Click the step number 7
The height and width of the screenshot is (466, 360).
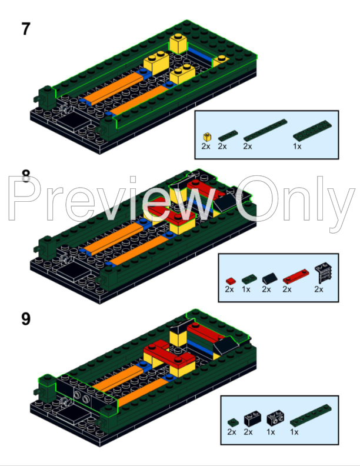click(25, 28)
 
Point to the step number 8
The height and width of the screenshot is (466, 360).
click(25, 175)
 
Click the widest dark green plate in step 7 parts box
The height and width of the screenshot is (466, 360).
click(311, 131)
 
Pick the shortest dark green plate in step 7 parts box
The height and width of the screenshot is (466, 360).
click(223, 136)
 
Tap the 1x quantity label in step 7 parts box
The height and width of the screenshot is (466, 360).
click(298, 146)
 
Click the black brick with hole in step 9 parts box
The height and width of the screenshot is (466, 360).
click(273, 420)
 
